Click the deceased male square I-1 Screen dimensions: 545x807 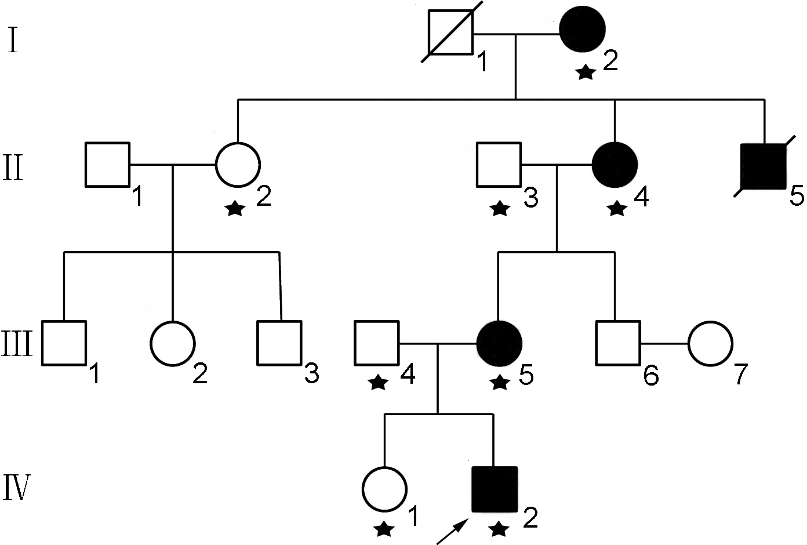[x=450, y=32]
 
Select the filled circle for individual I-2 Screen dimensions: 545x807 [x=582, y=30]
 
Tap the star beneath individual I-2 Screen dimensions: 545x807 [x=586, y=72]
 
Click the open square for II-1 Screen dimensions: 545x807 [x=107, y=165]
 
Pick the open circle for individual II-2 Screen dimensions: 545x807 [x=238, y=165]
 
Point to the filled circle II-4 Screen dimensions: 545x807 [x=615, y=165]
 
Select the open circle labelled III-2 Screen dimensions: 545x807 [x=173, y=343]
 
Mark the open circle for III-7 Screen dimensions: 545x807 [x=710, y=343]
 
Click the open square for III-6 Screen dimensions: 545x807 [x=618, y=343]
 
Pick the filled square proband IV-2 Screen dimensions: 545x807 [x=495, y=489]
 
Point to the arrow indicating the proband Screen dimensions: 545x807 [x=452, y=532]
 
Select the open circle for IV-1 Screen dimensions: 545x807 [x=384, y=489]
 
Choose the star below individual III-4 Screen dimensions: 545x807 [x=379, y=382]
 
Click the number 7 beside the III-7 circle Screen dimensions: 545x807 [x=739, y=374]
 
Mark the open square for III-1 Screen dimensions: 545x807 [x=64, y=343]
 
